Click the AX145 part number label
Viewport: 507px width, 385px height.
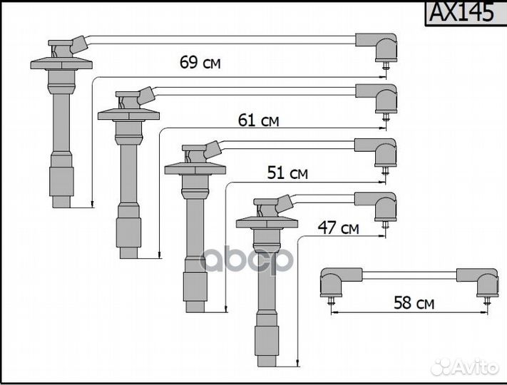tap(462, 12)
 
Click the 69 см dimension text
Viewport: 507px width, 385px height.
tap(200, 63)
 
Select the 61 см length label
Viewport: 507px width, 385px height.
tap(258, 120)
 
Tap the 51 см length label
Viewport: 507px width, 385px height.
tap(287, 173)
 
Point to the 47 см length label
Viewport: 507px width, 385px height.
tap(338, 227)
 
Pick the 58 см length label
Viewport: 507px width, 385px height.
tap(414, 303)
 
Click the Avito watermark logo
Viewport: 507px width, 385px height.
tap(465, 367)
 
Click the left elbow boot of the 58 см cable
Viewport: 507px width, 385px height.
tap(341, 282)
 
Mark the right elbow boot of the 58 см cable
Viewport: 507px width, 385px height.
tap(477, 282)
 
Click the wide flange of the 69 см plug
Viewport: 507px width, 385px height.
tap(61, 63)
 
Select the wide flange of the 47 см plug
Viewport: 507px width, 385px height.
tap(267, 223)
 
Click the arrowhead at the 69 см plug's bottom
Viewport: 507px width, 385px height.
tap(93, 204)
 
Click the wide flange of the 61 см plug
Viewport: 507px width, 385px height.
tap(128, 115)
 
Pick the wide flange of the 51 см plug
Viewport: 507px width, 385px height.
tap(195, 169)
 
